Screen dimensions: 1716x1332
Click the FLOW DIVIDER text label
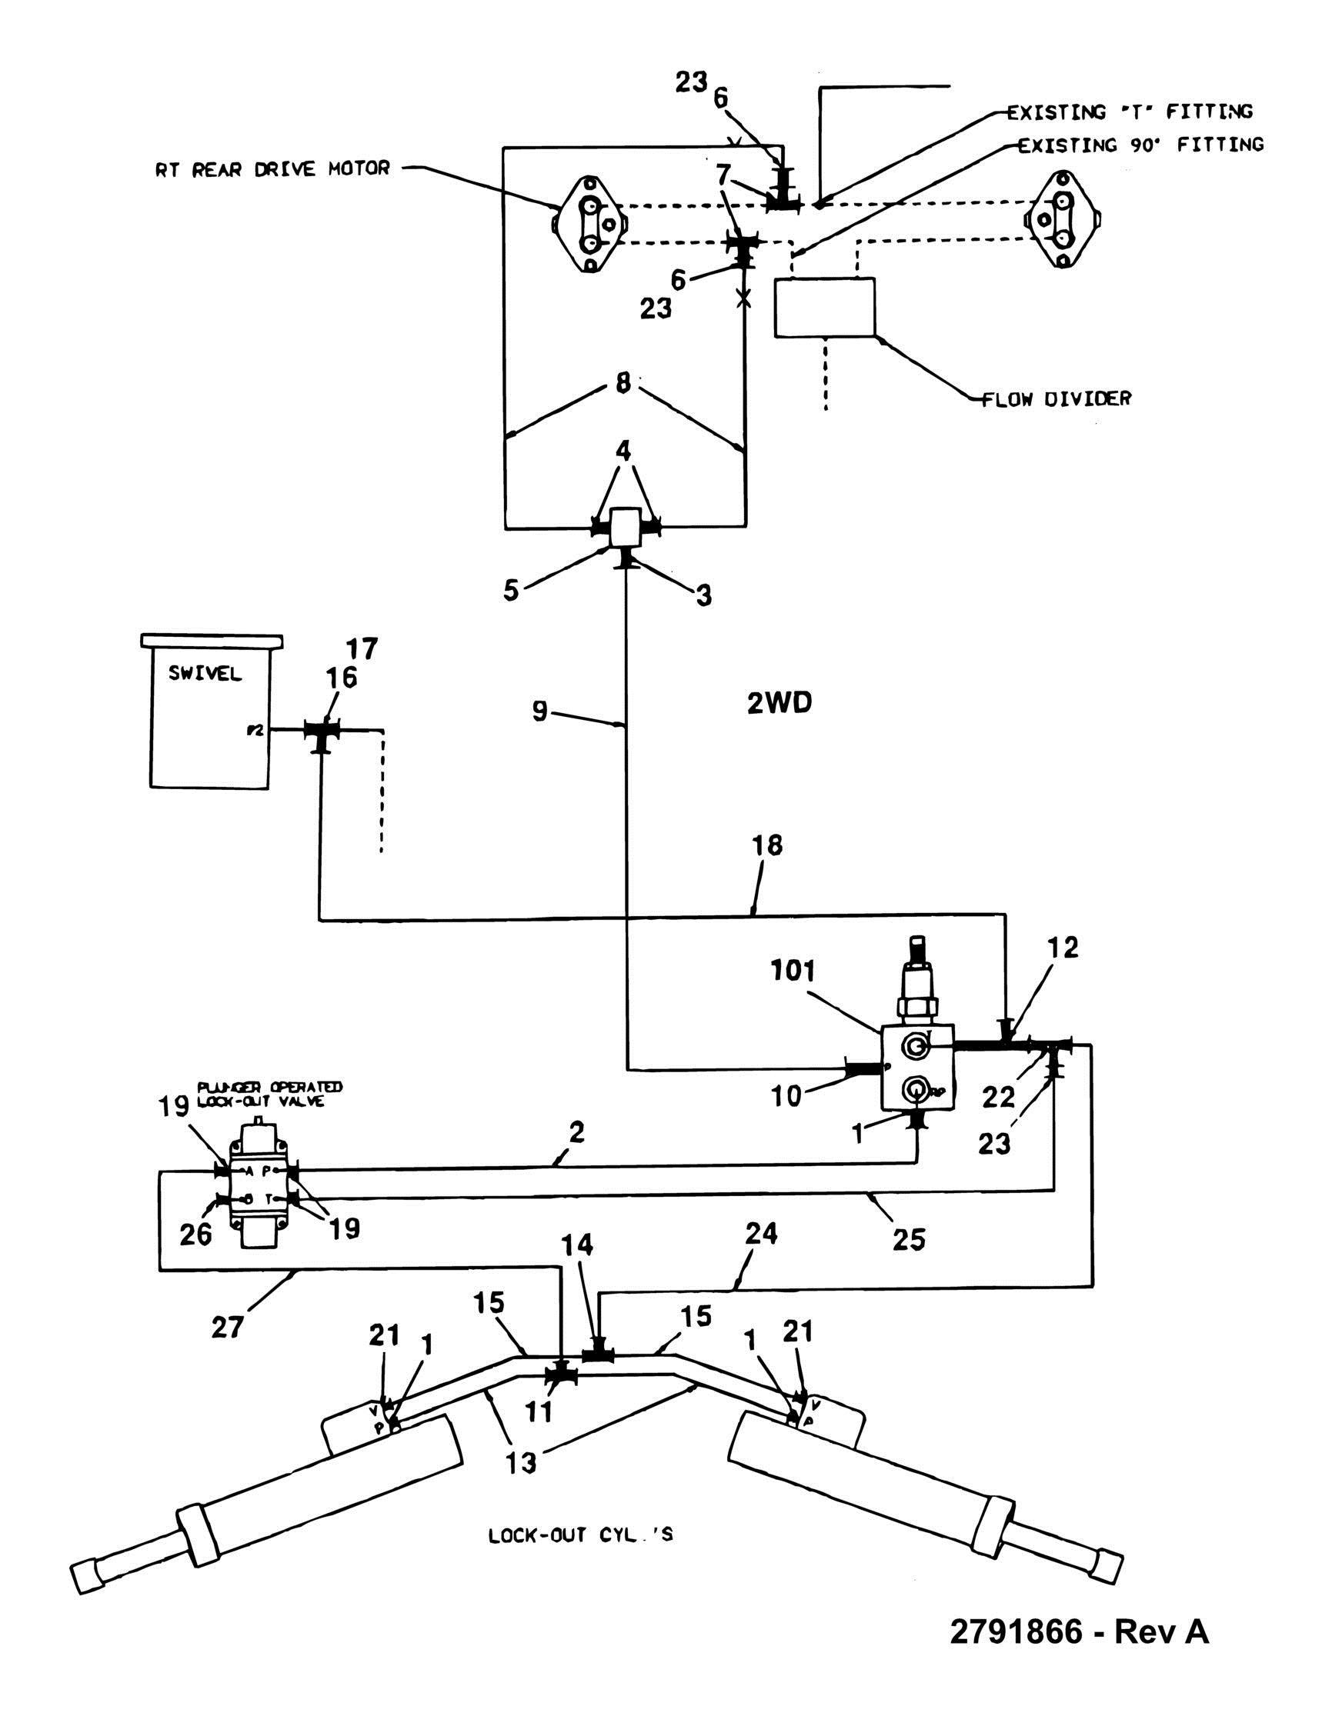click(x=1057, y=398)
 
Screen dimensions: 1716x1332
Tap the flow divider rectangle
click(x=824, y=307)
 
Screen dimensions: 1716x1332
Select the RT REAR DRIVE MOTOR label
click(x=272, y=169)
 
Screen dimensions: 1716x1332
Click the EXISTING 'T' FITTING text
click(x=1130, y=112)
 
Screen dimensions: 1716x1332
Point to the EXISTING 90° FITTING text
click(x=1141, y=145)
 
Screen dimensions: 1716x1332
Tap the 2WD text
click(x=779, y=704)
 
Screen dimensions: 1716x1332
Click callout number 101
click(x=792, y=971)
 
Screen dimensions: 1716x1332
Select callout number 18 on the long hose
click(x=769, y=845)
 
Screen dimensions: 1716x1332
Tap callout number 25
click(x=910, y=1239)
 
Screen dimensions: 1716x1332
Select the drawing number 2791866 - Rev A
click(x=1080, y=1631)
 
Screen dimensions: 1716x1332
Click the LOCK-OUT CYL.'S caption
click(x=581, y=1534)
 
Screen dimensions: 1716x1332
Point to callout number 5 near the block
click(x=512, y=591)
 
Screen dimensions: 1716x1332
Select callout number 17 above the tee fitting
click(x=362, y=649)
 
